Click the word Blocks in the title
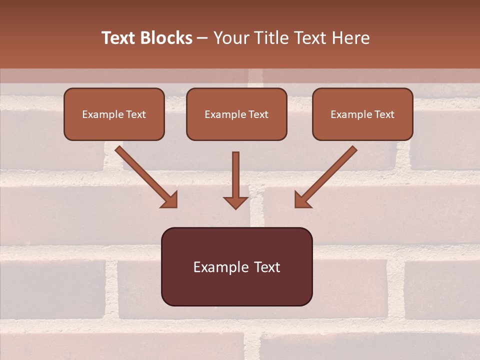tap(167, 38)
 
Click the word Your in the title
tap(230, 38)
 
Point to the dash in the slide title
tap(203, 38)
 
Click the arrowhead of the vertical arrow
tap(235, 202)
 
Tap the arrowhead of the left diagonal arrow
tap(170, 200)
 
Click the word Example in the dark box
tap(220, 267)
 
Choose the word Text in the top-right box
tap(383, 114)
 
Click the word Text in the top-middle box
tap(257, 114)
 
